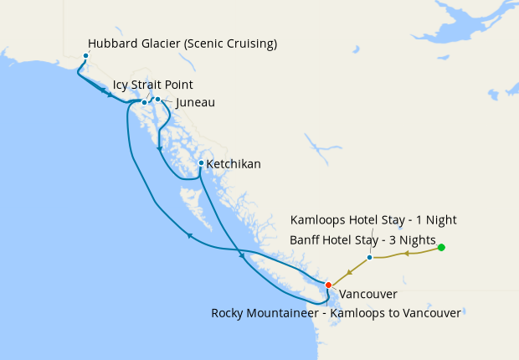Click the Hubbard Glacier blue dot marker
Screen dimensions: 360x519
tap(85, 56)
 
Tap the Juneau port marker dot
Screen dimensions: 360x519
tap(157, 99)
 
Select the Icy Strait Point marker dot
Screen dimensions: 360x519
tap(144, 102)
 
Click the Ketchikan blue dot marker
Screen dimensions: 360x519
tap(201, 163)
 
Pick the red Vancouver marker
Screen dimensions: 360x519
tap(328, 285)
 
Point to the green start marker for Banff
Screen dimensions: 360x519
tap(441, 247)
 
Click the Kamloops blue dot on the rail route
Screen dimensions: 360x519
tap(369, 257)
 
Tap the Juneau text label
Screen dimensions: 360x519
tap(195, 102)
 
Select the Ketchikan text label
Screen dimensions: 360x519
tap(234, 164)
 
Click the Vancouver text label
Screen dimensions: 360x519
tap(368, 294)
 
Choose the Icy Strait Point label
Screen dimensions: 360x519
tap(153, 85)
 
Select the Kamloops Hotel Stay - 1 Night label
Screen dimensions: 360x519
tap(373, 219)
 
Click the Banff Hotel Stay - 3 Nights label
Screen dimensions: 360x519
tap(362, 240)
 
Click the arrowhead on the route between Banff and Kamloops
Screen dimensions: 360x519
tap(406, 252)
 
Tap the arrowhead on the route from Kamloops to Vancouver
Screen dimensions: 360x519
tap(350, 270)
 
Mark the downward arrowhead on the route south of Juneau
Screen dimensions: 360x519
tap(159, 149)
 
